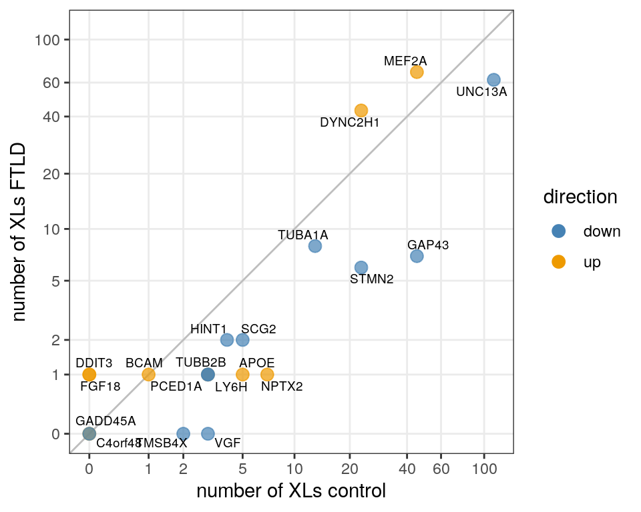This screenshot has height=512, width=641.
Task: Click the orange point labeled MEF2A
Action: [x=417, y=72]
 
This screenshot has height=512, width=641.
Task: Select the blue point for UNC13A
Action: [x=493, y=80]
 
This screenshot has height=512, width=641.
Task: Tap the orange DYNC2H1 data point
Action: [x=361, y=110]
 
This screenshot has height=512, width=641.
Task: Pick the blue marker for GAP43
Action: [x=417, y=256]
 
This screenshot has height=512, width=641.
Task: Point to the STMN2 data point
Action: [x=361, y=267]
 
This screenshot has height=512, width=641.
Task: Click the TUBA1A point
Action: [x=315, y=246]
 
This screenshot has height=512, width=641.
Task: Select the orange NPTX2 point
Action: [x=267, y=374]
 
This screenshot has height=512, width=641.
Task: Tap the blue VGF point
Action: [x=208, y=433]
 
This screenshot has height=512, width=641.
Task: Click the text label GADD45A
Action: [x=105, y=421]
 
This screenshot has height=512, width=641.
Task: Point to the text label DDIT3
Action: [x=93, y=363]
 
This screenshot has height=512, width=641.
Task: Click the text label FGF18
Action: [x=100, y=385]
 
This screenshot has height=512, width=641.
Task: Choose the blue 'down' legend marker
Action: [x=559, y=231]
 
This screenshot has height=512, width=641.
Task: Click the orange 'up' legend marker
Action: [x=559, y=262]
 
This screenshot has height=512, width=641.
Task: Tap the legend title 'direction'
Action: [x=580, y=197]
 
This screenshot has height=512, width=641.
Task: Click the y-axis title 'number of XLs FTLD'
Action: [x=20, y=231]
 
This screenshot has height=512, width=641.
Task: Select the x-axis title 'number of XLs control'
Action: [x=291, y=492]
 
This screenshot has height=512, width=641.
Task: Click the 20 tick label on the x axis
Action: [x=349, y=469]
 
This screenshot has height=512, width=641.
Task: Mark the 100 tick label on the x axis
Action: [x=484, y=469]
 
